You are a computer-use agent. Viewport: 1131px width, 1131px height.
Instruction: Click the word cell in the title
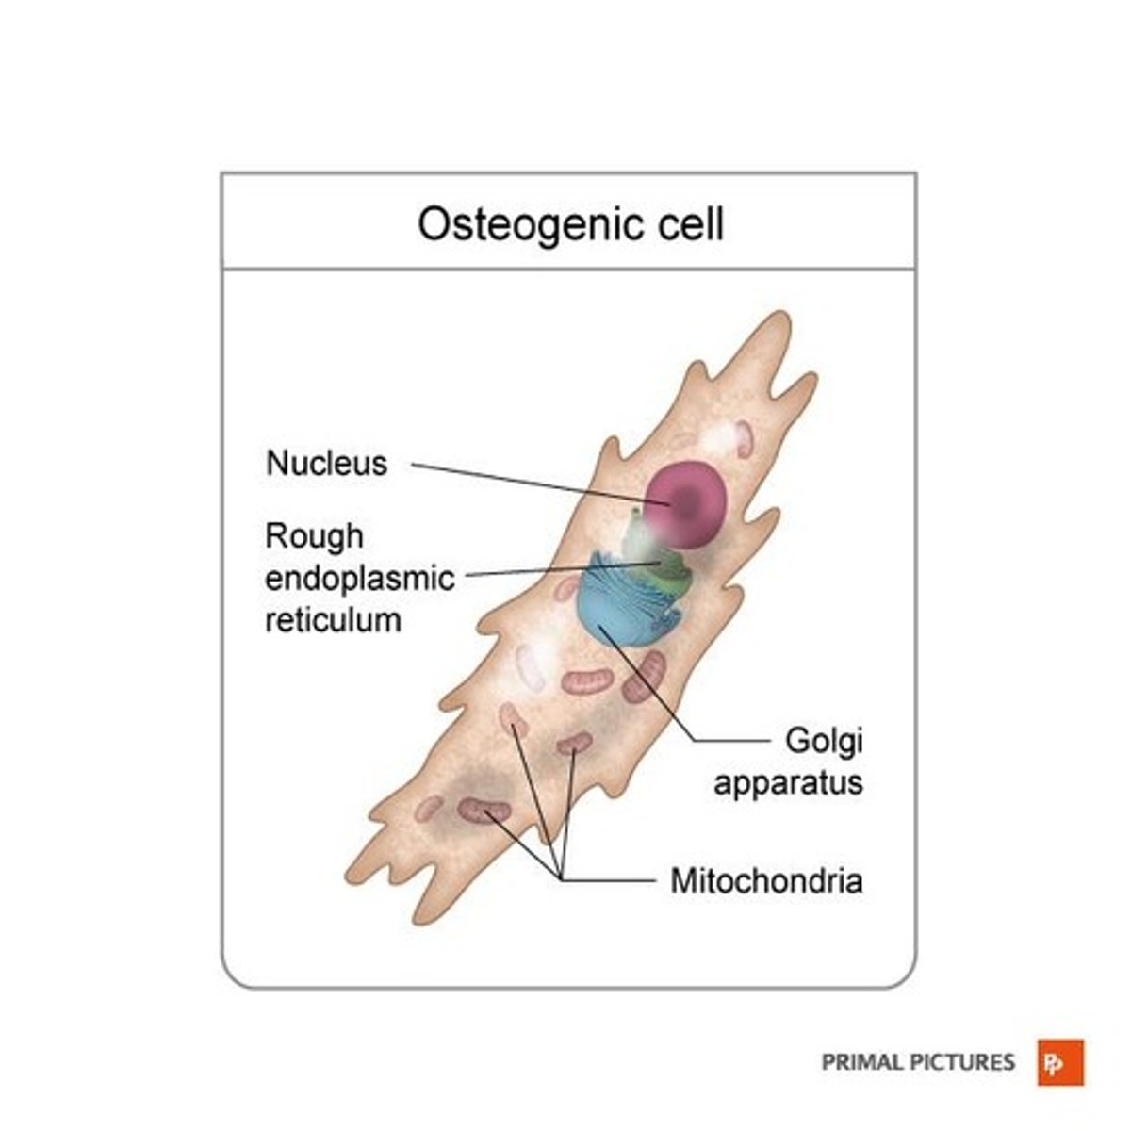[692, 224]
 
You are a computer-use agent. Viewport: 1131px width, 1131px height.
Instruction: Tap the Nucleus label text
[326, 464]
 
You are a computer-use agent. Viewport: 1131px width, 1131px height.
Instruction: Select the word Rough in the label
[314, 536]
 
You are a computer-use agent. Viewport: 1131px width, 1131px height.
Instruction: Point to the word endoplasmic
[359, 578]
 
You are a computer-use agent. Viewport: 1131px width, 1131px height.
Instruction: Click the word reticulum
[333, 620]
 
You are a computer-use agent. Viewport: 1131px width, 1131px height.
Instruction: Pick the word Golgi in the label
[824, 742]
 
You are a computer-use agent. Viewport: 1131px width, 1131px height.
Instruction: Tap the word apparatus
[788, 783]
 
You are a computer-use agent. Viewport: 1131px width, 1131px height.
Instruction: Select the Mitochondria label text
[766, 881]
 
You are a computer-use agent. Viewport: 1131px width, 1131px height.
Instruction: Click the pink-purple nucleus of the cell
[686, 504]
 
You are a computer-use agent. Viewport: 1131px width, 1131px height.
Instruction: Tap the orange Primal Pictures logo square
[1061, 1063]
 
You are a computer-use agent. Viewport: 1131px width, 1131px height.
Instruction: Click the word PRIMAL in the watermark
[861, 1063]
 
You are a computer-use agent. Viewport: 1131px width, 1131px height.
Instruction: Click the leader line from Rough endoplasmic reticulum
[556, 570]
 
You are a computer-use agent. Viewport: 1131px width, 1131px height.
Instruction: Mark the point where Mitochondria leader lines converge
[562, 879]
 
